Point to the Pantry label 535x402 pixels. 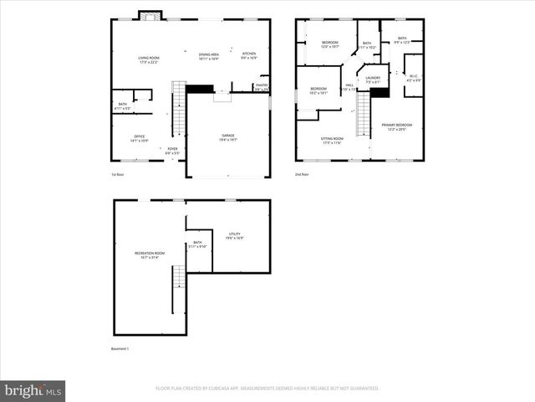(x=262, y=85)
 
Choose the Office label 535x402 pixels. (x=139, y=138)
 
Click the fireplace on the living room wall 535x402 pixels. (x=150, y=15)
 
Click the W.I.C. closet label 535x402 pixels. (x=412, y=78)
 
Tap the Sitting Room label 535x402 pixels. (x=332, y=141)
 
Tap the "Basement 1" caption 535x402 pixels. (x=120, y=348)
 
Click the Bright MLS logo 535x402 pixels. (x=33, y=390)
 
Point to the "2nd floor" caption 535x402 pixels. (x=302, y=174)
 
